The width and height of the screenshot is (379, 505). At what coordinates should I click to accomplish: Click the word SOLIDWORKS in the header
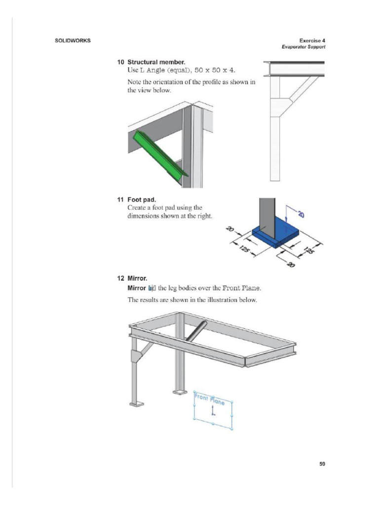(72, 40)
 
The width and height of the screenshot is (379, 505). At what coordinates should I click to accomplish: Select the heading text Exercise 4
(312, 40)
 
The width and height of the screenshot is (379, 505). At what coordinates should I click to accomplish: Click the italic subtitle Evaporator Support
(303, 47)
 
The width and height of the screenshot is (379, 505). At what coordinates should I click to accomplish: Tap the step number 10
(120, 63)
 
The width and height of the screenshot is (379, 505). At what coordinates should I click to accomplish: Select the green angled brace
(158, 153)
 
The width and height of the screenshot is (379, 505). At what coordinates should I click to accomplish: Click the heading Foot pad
(142, 200)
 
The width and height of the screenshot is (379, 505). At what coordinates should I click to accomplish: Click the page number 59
(322, 464)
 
